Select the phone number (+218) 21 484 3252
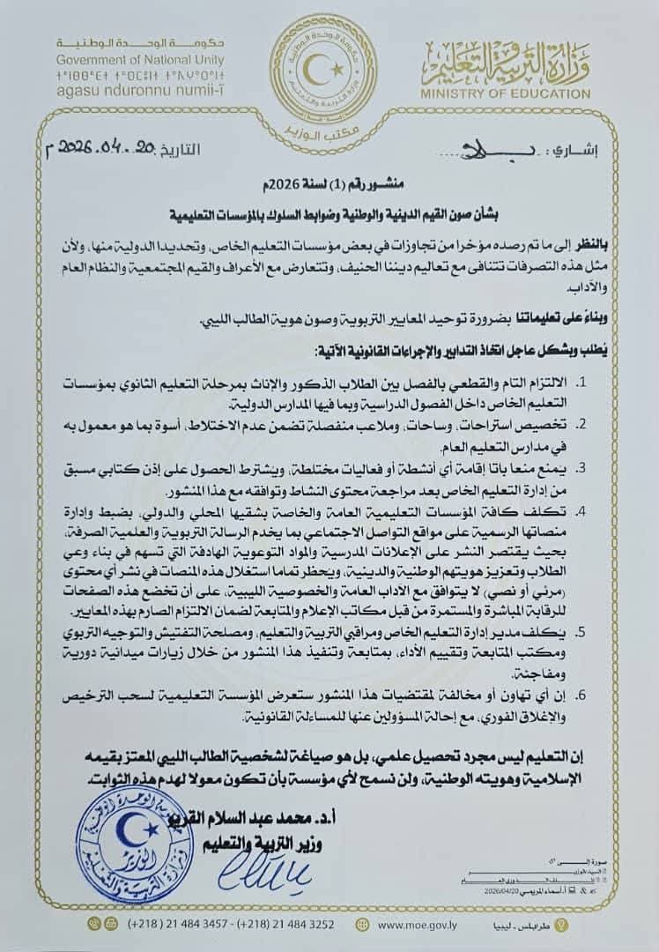click(285, 925)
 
